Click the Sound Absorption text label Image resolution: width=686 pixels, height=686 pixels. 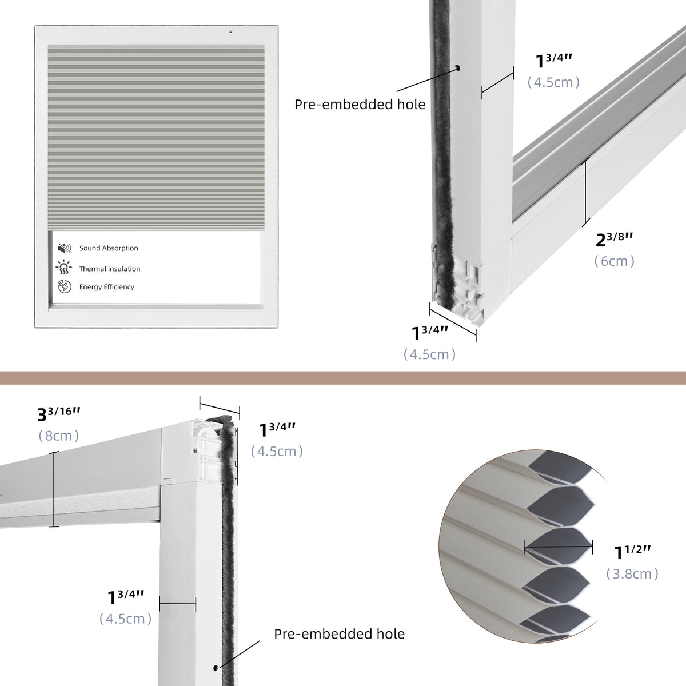point(109,248)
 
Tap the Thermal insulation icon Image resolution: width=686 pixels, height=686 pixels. point(64,268)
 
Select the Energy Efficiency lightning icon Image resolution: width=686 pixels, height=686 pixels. point(64,286)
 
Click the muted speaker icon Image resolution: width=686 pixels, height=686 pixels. point(64,248)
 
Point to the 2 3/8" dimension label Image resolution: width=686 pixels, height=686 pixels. point(615,239)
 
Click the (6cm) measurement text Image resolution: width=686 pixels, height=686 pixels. point(615,261)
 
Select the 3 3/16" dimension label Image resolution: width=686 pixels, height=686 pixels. point(63,413)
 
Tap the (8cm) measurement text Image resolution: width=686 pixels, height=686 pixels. point(59,436)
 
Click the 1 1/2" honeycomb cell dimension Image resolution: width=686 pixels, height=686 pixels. point(633,552)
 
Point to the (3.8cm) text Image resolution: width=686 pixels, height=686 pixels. point(633,573)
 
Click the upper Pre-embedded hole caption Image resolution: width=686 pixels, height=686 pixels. point(360,104)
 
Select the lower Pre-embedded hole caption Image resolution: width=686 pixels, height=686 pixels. point(339,633)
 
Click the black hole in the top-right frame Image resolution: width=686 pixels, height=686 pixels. point(458,69)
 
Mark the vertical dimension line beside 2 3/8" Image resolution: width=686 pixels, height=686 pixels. point(585,193)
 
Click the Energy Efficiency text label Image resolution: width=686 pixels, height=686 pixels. point(107,287)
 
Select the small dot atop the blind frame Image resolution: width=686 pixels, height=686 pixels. point(230,31)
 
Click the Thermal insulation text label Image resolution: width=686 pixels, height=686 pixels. point(110,269)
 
